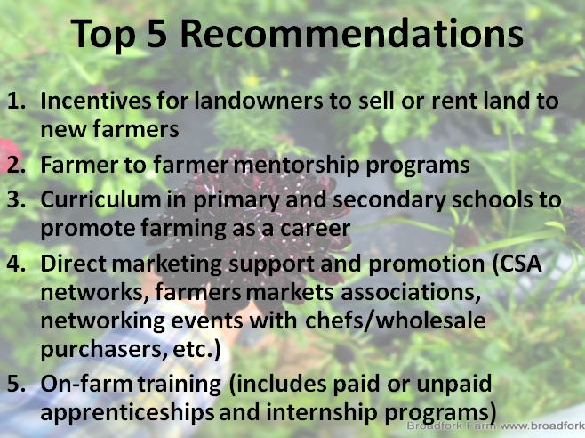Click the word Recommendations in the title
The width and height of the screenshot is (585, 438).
coord(352,34)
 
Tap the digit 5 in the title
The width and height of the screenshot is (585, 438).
coord(156,34)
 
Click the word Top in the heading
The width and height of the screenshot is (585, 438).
coord(102,36)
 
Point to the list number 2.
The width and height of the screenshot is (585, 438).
coord(16,165)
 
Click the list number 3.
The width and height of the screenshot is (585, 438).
coord(16,199)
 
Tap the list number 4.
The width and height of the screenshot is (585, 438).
coord(16,264)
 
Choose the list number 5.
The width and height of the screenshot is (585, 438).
coord(16,385)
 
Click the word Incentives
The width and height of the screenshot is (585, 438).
coord(96,101)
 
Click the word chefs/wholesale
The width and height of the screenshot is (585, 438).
coord(396,320)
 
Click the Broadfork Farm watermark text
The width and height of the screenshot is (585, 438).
coord(495,426)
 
